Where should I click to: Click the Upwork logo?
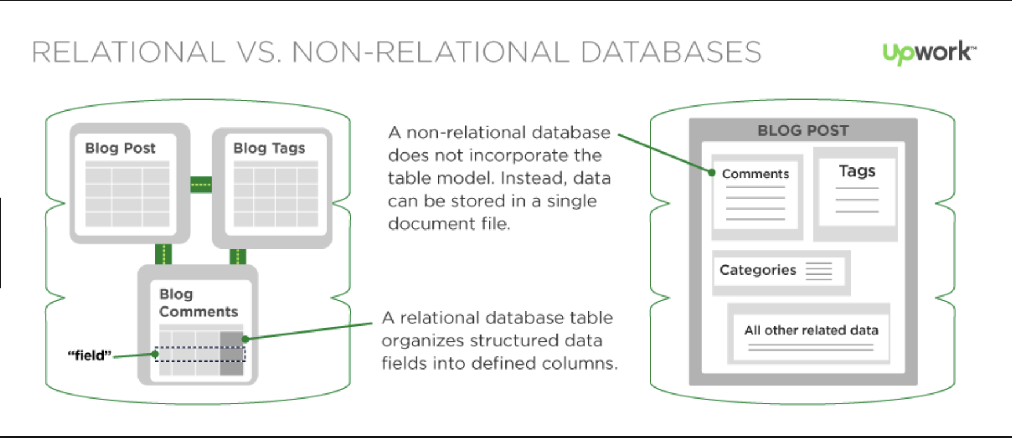(x=929, y=52)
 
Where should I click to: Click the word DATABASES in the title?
(x=671, y=52)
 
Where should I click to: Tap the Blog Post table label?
(x=120, y=148)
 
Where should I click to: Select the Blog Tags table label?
(x=269, y=148)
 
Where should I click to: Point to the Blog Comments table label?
(x=198, y=303)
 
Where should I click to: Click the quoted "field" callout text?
(x=89, y=355)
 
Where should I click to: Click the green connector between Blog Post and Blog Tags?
(x=201, y=184)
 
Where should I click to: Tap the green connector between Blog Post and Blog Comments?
(x=163, y=254)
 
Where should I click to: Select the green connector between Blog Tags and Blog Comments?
(x=238, y=256)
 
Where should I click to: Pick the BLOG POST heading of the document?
(x=803, y=131)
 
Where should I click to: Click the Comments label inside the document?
(x=755, y=174)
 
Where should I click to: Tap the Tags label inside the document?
(x=857, y=171)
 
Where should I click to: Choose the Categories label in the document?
(x=758, y=270)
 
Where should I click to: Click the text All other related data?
(x=811, y=330)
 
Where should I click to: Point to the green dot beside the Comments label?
(x=712, y=172)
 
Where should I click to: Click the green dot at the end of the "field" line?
(x=155, y=353)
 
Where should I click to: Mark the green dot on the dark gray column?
(x=246, y=339)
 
